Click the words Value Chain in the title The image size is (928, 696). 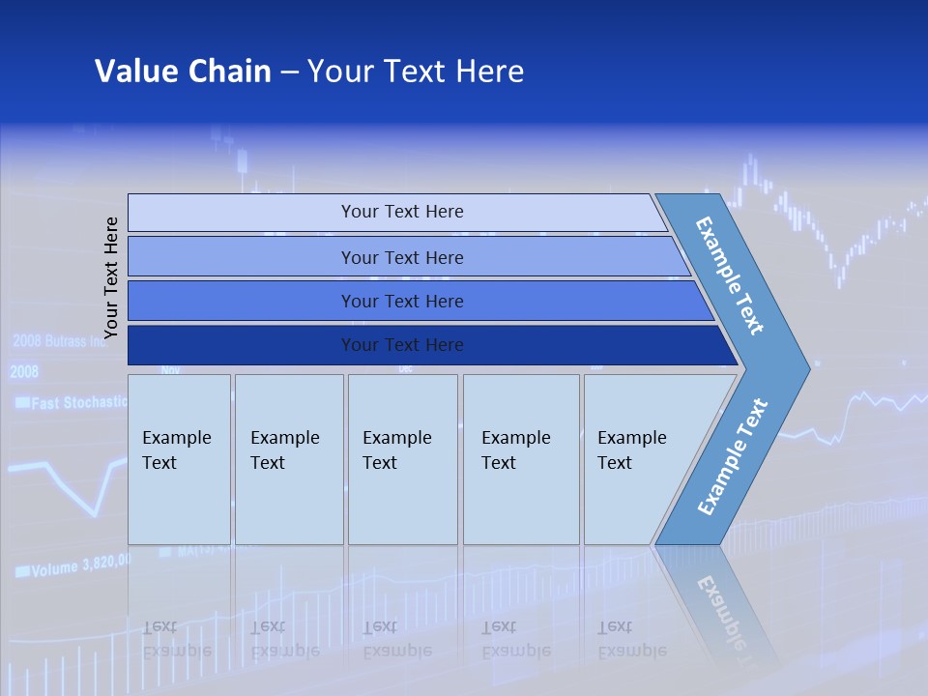[x=183, y=72]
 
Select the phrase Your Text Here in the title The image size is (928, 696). [x=416, y=72]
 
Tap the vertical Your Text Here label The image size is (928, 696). [x=111, y=277]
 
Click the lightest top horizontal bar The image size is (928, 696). [x=401, y=212]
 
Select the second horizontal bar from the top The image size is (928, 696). [x=401, y=257]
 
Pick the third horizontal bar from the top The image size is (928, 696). [x=401, y=301]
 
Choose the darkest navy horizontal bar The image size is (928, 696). [x=401, y=345]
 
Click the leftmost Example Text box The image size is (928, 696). [x=179, y=459]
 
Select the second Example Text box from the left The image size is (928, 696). [x=288, y=459]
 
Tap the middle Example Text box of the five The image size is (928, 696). [x=402, y=459]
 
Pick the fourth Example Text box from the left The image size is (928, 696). [x=520, y=459]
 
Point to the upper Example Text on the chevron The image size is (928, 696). [x=730, y=275]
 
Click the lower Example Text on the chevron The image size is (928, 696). [x=733, y=457]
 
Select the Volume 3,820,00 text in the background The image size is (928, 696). [x=72, y=567]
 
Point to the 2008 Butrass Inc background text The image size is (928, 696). [x=58, y=341]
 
